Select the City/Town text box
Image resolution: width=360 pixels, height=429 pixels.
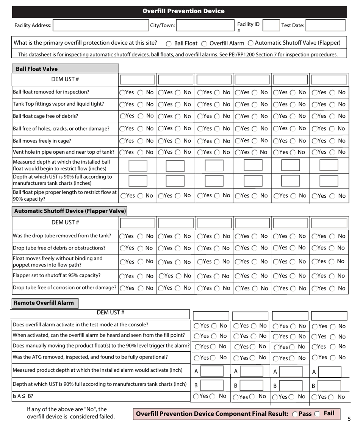204,25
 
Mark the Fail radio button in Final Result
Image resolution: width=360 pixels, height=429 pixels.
319,415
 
